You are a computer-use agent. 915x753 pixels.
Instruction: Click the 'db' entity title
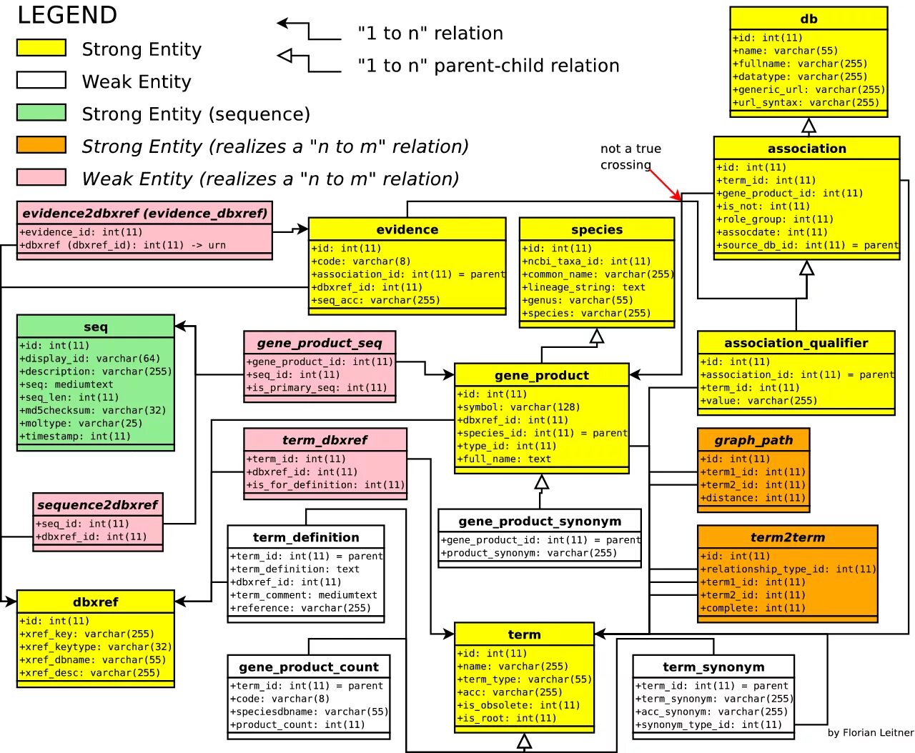808,19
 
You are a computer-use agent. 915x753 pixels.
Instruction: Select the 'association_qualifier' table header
796,343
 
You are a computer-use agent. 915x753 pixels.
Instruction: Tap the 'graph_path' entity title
753,440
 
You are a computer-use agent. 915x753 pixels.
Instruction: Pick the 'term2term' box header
787,537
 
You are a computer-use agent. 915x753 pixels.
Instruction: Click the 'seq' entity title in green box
95,326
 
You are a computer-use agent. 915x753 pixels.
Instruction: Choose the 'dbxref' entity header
95,602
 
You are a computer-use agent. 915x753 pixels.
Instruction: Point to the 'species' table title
596,229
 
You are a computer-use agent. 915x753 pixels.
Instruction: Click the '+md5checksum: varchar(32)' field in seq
93,410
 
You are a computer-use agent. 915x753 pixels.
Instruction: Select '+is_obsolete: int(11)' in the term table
518,705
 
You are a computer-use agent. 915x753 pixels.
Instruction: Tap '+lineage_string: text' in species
583,287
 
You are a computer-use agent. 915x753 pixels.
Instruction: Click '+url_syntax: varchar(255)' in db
806,102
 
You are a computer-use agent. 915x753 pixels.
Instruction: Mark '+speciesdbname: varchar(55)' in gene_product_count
309,712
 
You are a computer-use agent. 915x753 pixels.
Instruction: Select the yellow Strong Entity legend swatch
41,48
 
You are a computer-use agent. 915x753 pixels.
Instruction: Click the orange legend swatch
41,145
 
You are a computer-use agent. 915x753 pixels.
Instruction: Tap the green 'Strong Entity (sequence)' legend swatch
41,112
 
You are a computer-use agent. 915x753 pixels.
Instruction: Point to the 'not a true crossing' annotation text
630,156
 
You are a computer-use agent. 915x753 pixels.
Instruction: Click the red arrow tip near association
680,199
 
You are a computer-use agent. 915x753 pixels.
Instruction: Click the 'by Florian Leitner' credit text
870,732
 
